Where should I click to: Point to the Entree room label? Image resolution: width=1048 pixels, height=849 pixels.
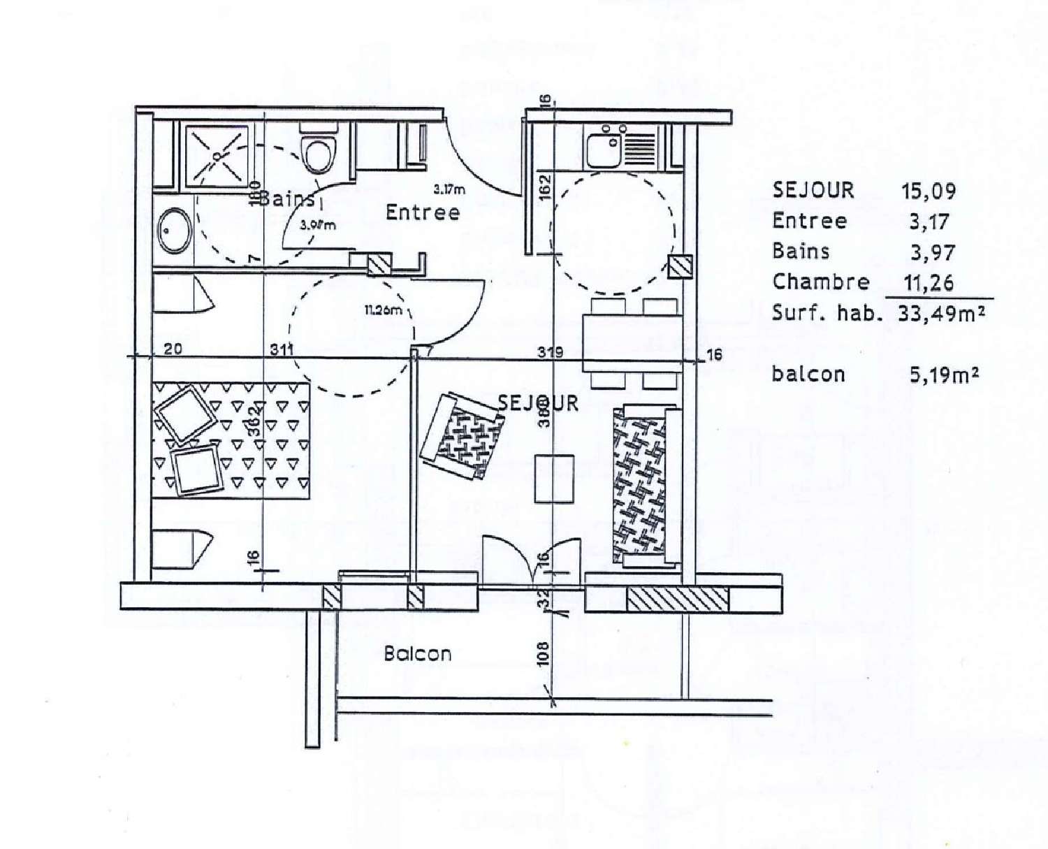point(423,212)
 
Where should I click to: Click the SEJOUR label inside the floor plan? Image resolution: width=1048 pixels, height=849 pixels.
point(538,403)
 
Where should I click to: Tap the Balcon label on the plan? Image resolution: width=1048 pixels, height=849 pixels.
point(418,654)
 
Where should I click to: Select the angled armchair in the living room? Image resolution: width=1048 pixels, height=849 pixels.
point(462,437)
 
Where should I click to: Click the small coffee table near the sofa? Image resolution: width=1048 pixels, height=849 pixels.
point(554,479)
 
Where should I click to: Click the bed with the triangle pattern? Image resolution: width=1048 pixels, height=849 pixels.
point(231,440)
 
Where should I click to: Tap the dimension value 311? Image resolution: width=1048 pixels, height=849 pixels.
point(282,349)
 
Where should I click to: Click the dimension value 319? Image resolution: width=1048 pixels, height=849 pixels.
point(550,352)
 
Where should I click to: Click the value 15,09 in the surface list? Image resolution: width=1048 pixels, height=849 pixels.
point(932,191)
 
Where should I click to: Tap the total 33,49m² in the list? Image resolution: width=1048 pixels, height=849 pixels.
point(941,314)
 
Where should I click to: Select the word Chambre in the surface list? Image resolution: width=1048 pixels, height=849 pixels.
point(820,282)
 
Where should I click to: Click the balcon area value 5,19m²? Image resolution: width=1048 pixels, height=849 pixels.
point(943,375)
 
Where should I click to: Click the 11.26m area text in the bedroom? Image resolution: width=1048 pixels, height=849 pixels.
point(383,310)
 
